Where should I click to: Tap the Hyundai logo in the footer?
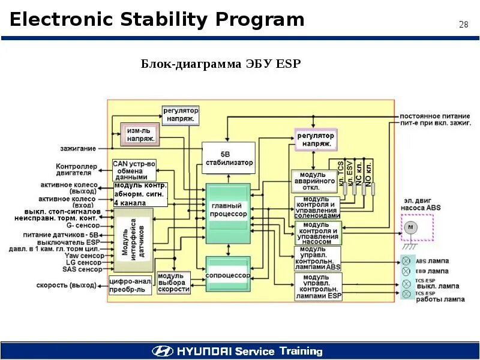coord(163,351)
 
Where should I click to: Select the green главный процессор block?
coord(228,210)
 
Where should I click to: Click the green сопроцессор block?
coord(227,274)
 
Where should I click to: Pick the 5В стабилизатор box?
coord(229,158)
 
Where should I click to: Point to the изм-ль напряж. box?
coord(140,134)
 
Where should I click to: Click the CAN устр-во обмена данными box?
coord(134,170)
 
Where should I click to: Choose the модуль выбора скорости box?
coord(173,283)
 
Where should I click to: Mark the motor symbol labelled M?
coord(411,227)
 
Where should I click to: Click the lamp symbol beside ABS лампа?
coord(406,260)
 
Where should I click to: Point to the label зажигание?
coord(77,148)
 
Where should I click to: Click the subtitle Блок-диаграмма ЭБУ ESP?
coord(220,64)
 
